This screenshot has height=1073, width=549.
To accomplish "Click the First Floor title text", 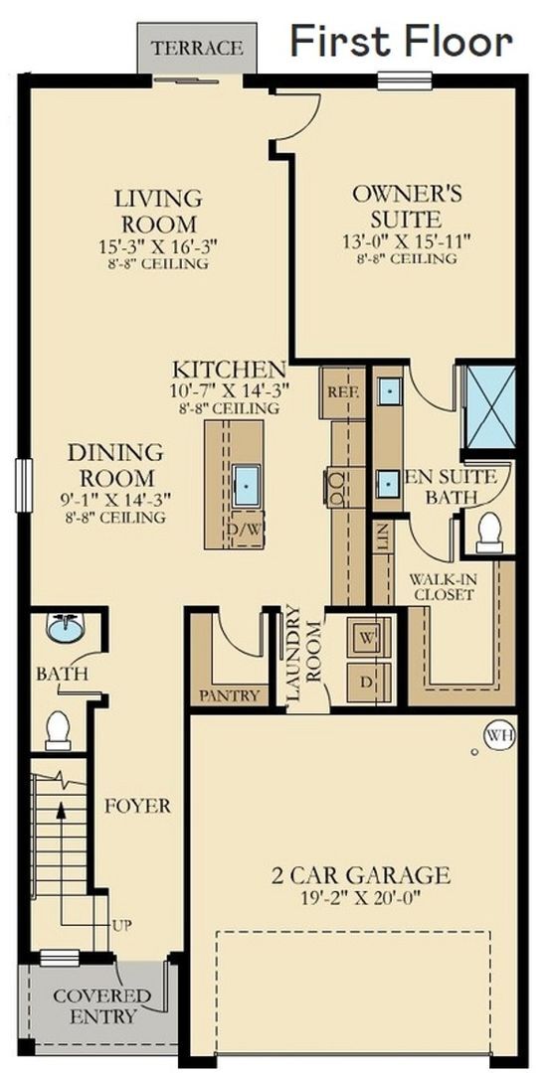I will [x=401, y=41].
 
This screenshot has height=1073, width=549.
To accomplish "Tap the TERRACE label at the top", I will [x=196, y=48].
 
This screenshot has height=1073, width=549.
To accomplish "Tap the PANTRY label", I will [x=230, y=695].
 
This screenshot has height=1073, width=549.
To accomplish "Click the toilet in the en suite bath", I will [x=489, y=532].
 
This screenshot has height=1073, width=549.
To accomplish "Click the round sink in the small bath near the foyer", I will [x=67, y=629].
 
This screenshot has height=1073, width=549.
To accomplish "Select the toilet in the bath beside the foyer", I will [x=58, y=729].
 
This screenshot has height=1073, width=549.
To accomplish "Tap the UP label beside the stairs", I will [x=121, y=926].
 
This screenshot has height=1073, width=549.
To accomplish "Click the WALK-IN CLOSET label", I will [x=446, y=586].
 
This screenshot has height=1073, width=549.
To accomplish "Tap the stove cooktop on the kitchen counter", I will [x=336, y=487].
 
